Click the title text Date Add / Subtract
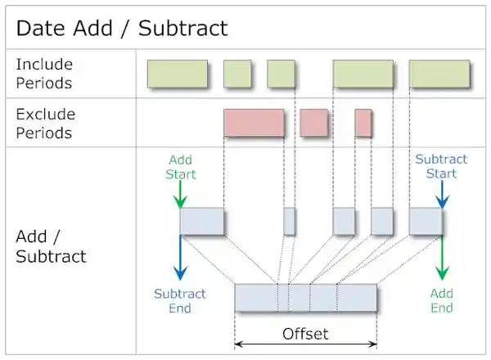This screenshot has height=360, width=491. [122, 29]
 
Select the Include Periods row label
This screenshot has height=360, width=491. [44, 74]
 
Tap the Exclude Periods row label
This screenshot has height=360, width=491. [45, 124]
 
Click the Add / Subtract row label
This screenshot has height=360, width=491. [51, 245]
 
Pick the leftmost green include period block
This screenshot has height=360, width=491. [177, 74]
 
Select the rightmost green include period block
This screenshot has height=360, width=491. [439, 74]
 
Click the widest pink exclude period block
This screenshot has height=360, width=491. [254, 123]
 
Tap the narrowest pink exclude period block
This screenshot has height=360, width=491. [363, 123]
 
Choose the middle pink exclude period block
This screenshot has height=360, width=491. [313, 123]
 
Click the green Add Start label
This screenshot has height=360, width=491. [181, 167]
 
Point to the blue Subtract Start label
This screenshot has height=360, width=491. [441, 167]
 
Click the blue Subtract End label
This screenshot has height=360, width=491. [180, 300]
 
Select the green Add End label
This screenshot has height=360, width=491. [442, 300]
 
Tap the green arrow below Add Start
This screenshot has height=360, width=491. [181, 194]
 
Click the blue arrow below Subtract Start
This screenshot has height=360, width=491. [442, 194]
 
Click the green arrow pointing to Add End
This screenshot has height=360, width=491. [442, 258]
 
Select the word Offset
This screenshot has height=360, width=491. [305, 333]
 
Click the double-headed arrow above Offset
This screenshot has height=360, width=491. [305, 343]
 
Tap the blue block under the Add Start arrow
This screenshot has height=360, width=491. [202, 221]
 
